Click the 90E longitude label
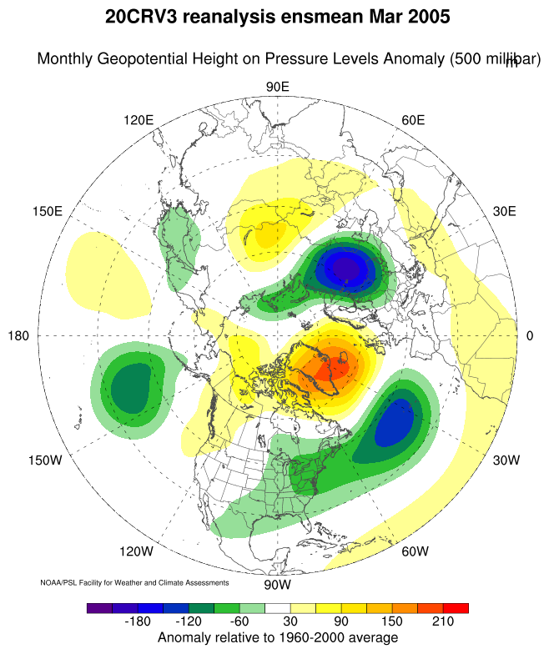tap(277, 87)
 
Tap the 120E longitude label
tap(139, 120)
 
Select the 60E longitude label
tap(413, 120)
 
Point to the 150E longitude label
tap(48, 212)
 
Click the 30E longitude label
tap(504, 212)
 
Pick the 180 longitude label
tap(18, 335)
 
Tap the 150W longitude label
tap(45, 460)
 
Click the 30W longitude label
tap(506, 460)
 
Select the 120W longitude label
tap(137, 551)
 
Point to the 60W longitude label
tap(416, 551)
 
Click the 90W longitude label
tap(277, 585)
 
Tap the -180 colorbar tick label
tap(138, 621)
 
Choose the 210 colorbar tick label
tap(442, 621)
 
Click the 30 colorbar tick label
tap(290, 621)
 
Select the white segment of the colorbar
tap(277, 608)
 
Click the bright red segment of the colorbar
tap(456, 608)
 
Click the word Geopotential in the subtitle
tap(142, 58)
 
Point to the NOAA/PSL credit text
tap(134, 582)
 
